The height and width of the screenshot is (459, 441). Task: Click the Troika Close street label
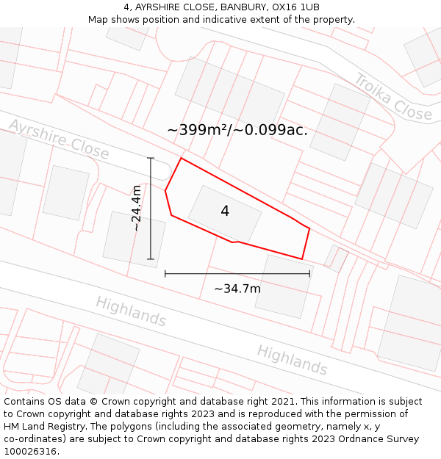pyautogui.click(x=392, y=97)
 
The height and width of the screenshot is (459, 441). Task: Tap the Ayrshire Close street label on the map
pyautogui.click(x=59, y=140)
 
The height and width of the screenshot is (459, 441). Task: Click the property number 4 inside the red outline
pyautogui.click(x=225, y=212)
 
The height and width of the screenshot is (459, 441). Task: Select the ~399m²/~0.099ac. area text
pyautogui.click(x=237, y=130)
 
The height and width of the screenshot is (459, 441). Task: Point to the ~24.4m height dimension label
pyautogui.click(x=137, y=209)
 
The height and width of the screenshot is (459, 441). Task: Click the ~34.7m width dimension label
pyautogui.click(x=237, y=289)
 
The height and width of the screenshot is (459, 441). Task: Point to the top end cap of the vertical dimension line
pyautogui.click(x=151, y=158)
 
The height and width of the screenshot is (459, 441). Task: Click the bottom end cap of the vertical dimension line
pyautogui.click(x=151, y=259)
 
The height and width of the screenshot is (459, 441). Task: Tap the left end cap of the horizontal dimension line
pyautogui.click(x=165, y=273)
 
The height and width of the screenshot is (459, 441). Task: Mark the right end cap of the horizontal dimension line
pyautogui.click(x=309, y=273)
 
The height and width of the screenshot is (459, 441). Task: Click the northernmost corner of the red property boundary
pyautogui.click(x=181, y=158)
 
